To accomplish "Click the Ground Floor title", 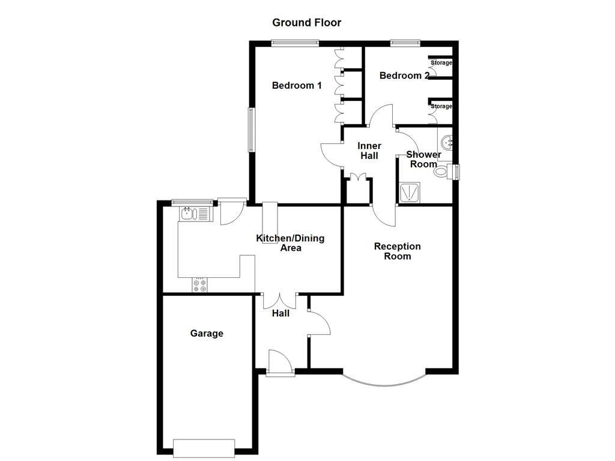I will (x=306, y=23).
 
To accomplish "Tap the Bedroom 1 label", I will (x=297, y=85).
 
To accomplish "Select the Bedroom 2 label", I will (x=404, y=76).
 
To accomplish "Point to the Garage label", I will (x=207, y=333).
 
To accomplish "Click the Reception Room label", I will (x=397, y=251).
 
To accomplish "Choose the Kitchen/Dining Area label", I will (x=290, y=243).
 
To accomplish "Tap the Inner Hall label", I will (x=369, y=151).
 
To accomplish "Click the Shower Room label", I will (x=423, y=159).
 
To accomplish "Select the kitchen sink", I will (x=189, y=213).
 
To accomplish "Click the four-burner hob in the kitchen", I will (x=199, y=286).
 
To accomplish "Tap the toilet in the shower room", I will (x=441, y=171).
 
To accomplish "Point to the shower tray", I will (x=409, y=192).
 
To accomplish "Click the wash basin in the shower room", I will (x=446, y=143).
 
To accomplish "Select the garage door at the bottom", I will (x=204, y=447).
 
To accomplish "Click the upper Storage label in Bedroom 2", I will (x=441, y=63).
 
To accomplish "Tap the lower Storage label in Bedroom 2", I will (x=441, y=107).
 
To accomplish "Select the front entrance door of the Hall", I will (x=280, y=364).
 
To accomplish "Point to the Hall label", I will (x=280, y=313).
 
